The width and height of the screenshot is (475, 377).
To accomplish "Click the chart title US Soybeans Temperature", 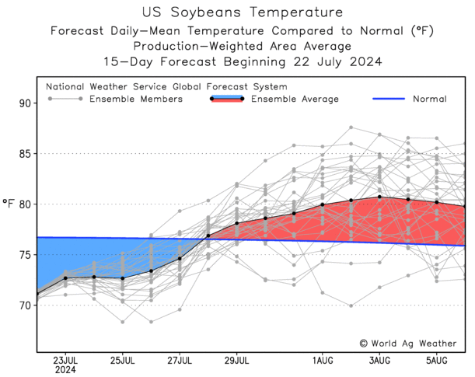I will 238,12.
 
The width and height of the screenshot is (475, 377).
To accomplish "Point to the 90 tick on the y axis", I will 23,103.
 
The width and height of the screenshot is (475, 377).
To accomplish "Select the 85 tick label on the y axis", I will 23,154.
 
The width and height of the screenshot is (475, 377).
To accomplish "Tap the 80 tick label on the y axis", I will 23,204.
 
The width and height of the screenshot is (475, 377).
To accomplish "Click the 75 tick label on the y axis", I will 23,255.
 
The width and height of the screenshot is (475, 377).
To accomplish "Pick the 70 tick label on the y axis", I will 23,305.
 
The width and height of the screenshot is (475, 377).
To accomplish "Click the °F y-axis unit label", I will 9,204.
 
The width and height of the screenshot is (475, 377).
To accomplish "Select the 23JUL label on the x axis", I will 65,361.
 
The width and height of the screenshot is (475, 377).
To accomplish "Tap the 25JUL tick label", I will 123,361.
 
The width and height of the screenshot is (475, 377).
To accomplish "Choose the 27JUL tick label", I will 180,361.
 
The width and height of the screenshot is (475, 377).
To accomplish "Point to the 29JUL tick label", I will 237,361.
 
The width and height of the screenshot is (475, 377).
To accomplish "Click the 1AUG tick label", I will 323,361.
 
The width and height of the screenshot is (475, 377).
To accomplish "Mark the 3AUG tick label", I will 379,361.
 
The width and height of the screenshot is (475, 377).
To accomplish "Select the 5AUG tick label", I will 437,361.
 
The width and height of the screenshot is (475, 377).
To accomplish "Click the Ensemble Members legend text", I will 136,99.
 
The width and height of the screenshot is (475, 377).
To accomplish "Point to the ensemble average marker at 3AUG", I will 379,197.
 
